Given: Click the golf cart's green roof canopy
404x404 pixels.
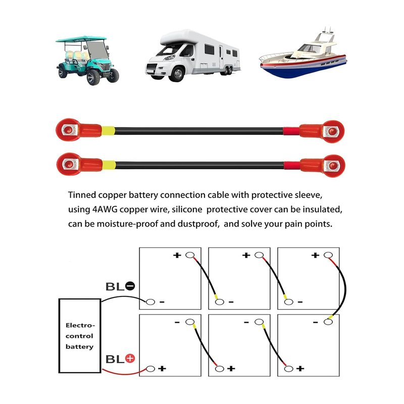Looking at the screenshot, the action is (81, 39).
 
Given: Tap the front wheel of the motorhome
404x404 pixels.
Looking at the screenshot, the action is (177, 74).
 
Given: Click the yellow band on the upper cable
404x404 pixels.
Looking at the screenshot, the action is (108, 131).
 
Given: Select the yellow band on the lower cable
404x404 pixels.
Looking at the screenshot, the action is (109, 165).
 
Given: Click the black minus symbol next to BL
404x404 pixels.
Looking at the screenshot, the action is (130, 286).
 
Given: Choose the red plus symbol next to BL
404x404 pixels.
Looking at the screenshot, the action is (130, 359).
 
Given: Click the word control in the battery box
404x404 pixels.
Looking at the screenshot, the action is (79, 336).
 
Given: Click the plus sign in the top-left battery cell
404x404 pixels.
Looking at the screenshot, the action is (177, 256).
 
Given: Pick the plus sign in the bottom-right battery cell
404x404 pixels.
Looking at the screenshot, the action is (300, 369).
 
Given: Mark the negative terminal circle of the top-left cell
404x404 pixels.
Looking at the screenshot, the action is (150, 301).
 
